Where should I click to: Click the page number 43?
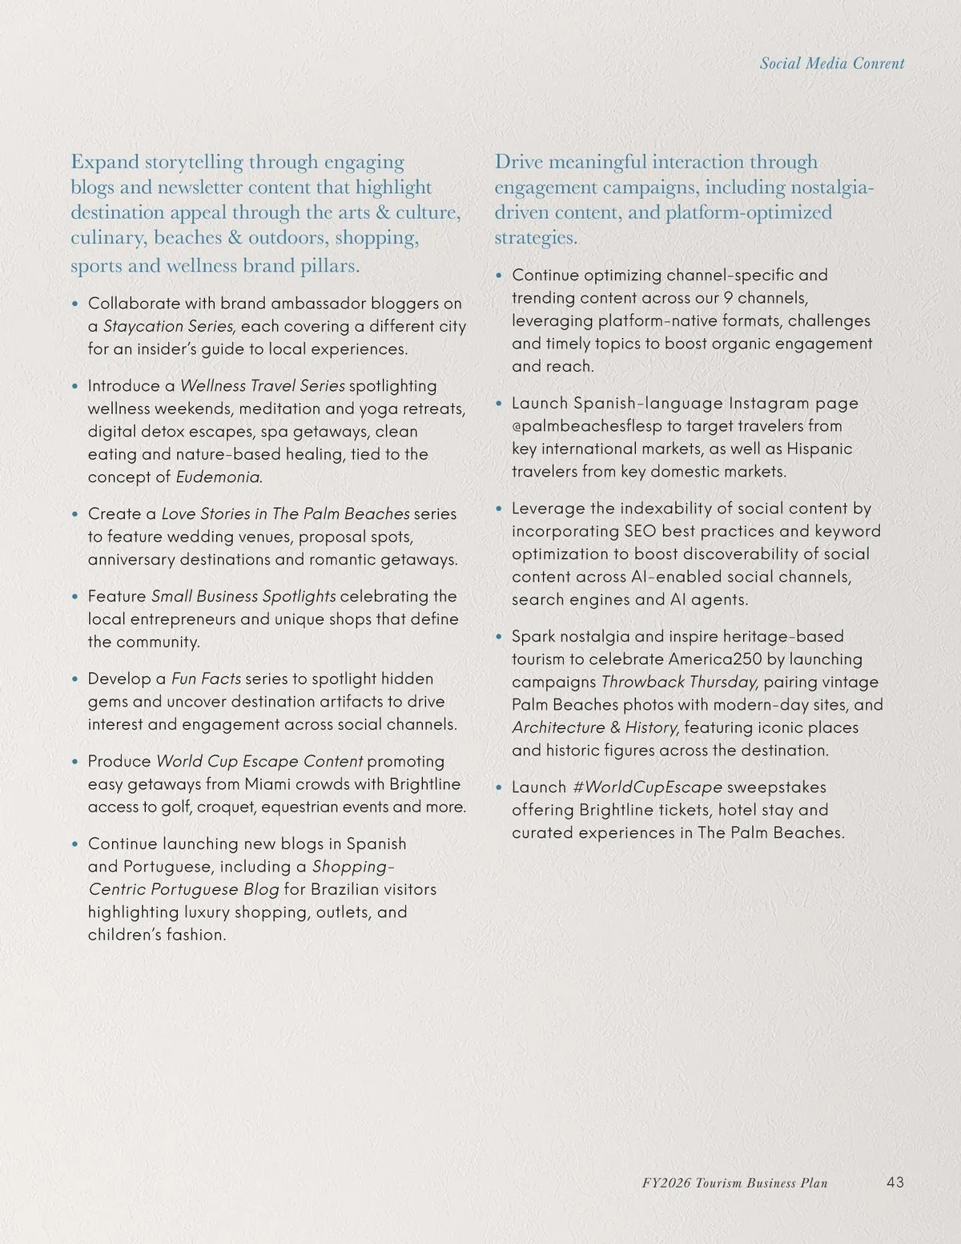[895, 1182]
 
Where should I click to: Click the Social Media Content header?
[832, 64]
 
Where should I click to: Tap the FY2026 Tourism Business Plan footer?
[734, 1183]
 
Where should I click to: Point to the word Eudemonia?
[219, 477]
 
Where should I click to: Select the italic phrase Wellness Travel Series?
[262, 386]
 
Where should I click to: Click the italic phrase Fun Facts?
[206, 679]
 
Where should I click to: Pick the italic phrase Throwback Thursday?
[678, 682]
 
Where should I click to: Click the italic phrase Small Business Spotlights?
[243, 597]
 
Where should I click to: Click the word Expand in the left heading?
[105, 162]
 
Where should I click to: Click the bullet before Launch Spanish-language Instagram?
[499, 404]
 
